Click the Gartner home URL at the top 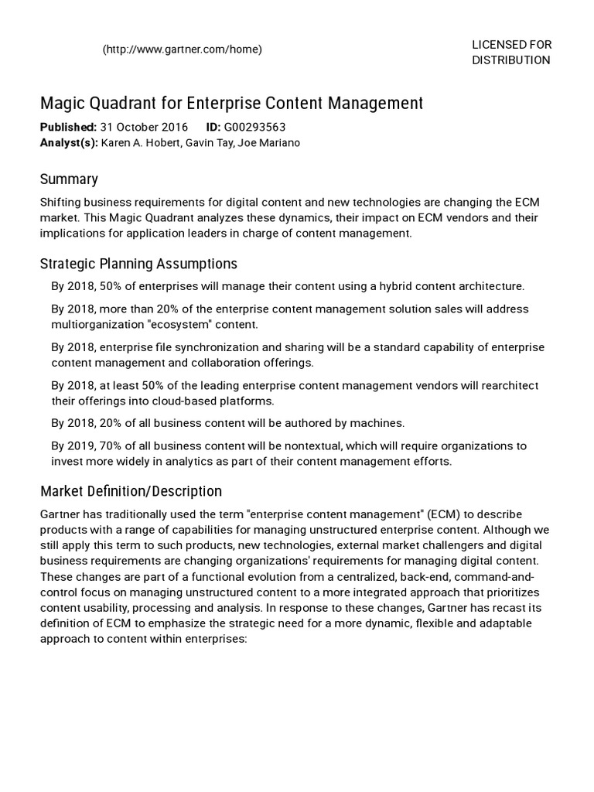tap(182, 49)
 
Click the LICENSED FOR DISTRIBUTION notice tap(511, 53)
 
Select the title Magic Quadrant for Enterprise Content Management tap(231, 104)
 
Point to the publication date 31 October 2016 tap(144, 128)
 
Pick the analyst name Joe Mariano tap(272, 142)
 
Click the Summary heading tap(69, 179)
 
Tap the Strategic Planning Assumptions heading tap(138, 264)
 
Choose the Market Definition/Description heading tap(131, 491)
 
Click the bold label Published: tap(68, 128)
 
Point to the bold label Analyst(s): tap(69, 142)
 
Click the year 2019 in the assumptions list tap(80, 446)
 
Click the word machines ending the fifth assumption tap(379, 423)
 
